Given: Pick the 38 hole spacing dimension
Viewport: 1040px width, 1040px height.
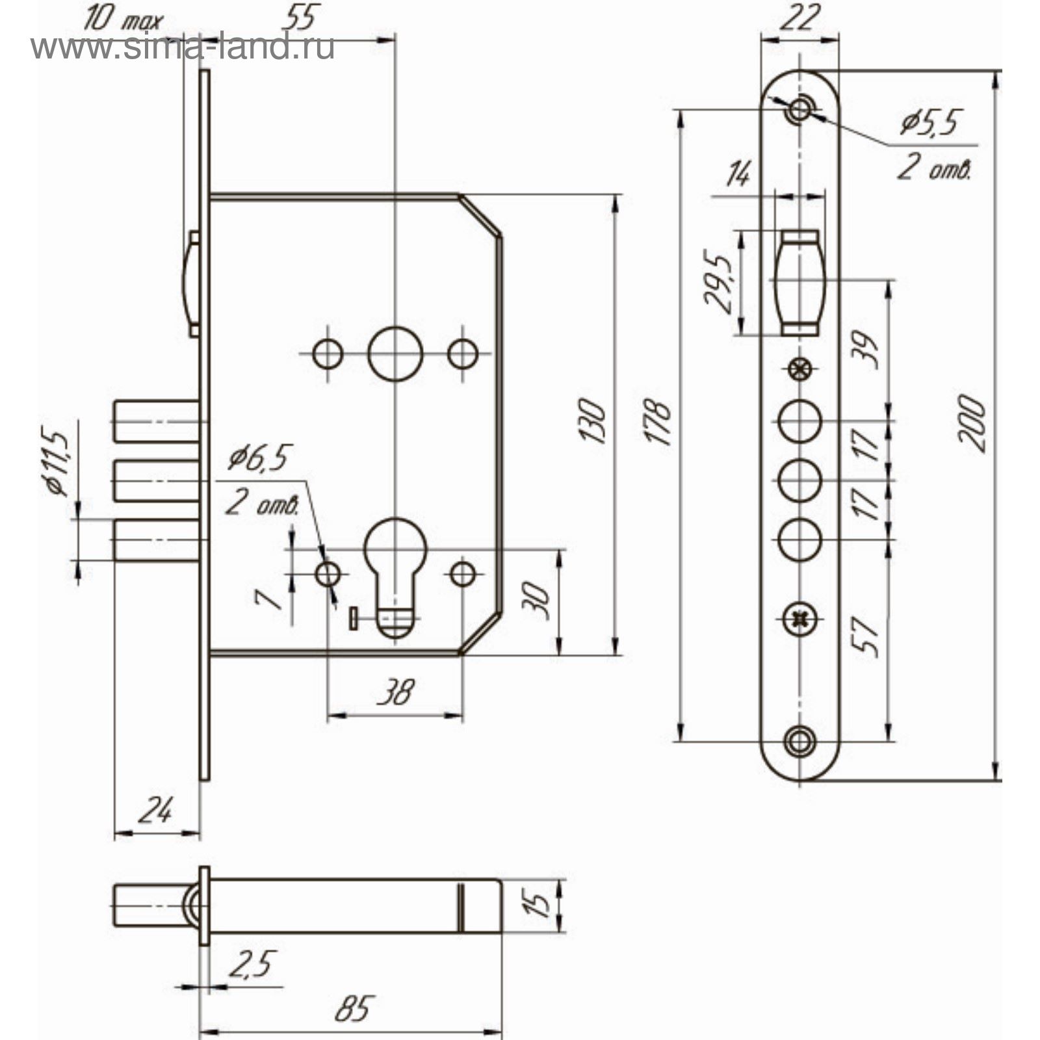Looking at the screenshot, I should (395, 692).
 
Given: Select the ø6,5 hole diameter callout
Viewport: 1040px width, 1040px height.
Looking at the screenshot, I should (259, 458).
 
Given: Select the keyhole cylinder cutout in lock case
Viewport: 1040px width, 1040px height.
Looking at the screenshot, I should (395, 572).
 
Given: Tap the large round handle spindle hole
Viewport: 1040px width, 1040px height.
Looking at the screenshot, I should (395, 354).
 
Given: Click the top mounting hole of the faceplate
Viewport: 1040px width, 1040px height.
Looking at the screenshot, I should (799, 109).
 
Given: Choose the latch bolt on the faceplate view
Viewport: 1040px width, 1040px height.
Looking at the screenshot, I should (799, 283).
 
